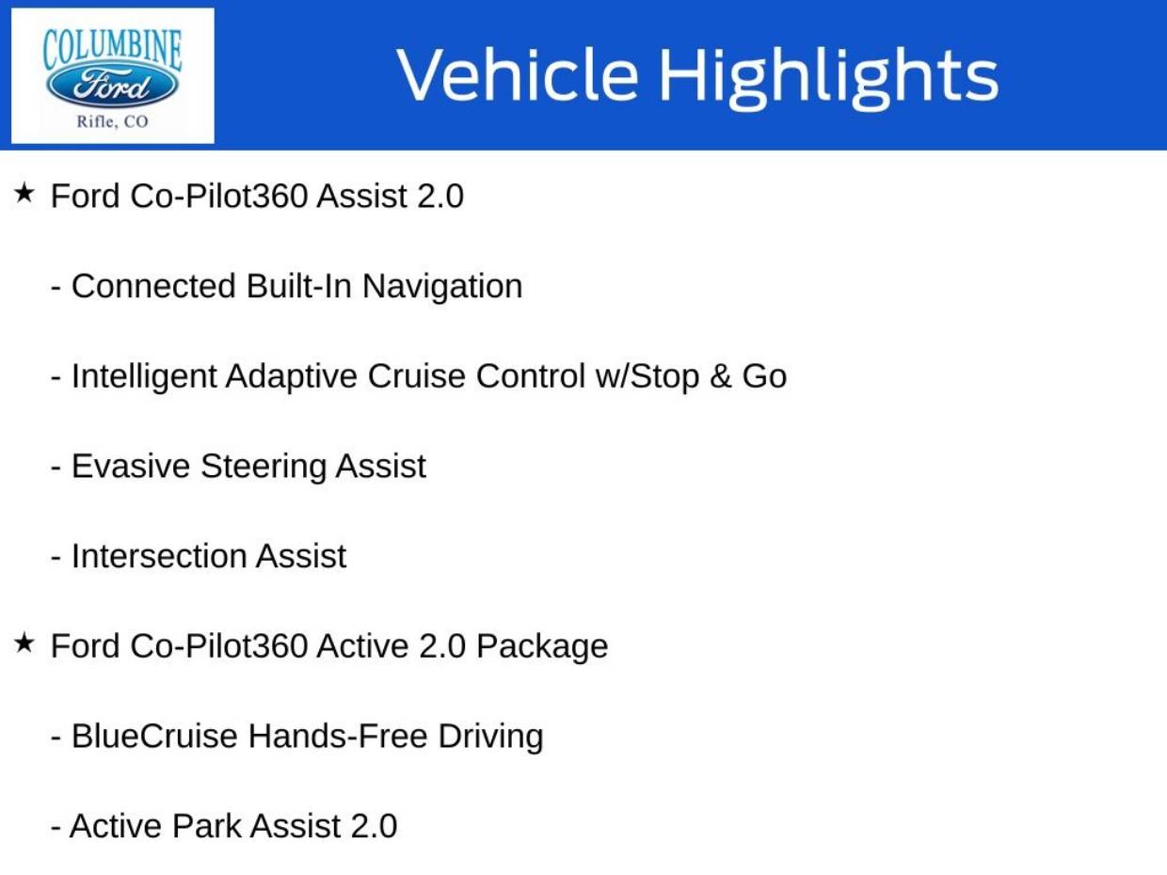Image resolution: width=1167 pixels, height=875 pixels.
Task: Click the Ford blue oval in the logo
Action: pyautogui.click(x=112, y=87)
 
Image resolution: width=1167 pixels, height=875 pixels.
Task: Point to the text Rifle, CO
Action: pyautogui.click(x=112, y=122)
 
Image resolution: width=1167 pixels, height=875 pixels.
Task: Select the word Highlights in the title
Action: pyautogui.click(x=827, y=75)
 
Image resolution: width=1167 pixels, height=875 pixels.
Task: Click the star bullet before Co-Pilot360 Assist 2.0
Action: pyautogui.click(x=24, y=194)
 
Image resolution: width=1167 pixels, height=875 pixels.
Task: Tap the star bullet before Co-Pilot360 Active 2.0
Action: pyautogui.click(x=24, y=644)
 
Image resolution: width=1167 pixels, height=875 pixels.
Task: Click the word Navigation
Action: pyautogui.click(x=442, y=286)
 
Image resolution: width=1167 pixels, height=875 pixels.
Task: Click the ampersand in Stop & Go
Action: pyautogui.click(x=720, y=376)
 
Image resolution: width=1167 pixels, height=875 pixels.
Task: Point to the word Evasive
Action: pyautogui.click(x=131, y=467)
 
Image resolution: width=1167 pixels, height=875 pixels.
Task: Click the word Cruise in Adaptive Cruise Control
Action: pyautogui.click(x=416, y=376)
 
